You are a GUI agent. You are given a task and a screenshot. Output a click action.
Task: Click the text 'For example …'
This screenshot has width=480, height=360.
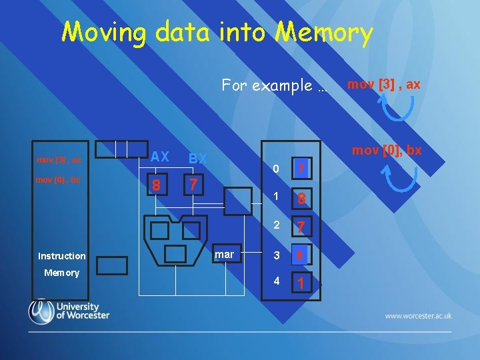(x=275, y=85)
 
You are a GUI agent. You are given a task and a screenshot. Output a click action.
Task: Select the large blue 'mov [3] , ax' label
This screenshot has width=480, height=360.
(x=383, y=84)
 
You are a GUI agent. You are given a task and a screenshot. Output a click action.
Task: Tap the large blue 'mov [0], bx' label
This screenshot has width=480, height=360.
(x=387, y=150)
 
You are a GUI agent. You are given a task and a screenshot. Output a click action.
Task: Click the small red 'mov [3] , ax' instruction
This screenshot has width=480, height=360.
(x=59, y=160)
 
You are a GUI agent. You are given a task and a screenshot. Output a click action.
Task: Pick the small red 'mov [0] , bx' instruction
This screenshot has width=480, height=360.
(x=59, y=180)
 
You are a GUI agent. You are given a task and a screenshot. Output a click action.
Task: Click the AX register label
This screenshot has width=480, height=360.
(x=159, y=157)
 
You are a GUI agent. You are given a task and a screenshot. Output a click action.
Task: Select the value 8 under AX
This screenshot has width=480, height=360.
(x=157, y=185)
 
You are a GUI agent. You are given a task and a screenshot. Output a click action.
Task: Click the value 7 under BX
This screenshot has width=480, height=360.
(x=193, y=183)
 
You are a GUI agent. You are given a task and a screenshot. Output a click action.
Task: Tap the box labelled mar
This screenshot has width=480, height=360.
(x=225, y=255)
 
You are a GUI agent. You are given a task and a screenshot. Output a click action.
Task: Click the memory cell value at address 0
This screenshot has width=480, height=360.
(x=301, y=169)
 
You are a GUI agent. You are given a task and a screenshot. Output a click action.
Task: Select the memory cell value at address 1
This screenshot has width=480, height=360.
(x=301, y=198)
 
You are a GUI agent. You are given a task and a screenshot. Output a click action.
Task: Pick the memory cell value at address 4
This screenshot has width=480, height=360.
(x=301, y=283)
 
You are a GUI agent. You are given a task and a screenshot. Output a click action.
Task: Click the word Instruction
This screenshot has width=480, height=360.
(x=62, y=256)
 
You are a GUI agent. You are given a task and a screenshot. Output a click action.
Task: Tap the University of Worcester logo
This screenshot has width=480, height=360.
(x=68, y=311)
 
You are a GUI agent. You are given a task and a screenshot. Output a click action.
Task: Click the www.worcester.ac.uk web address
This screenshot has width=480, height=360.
(x=418, y=315)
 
